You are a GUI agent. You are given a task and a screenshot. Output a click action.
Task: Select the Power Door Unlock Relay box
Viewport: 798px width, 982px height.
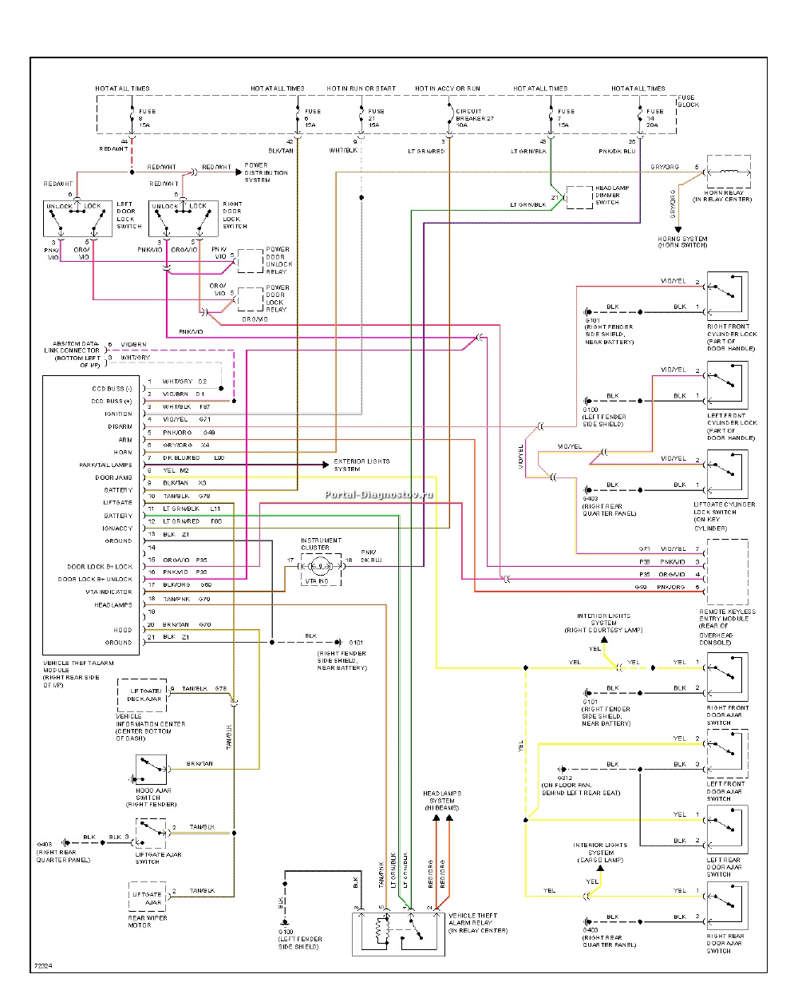[x=251, y=260]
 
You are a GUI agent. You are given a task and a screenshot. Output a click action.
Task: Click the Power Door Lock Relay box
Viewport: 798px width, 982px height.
[x=251, y=299]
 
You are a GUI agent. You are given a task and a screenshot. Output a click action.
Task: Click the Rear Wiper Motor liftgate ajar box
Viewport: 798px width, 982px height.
[x=147, y=897]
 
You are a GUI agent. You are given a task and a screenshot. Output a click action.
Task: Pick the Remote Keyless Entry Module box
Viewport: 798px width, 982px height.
[x=727, y=572]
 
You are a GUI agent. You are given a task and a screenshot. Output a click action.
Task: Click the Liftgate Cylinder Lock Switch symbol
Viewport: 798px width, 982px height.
[x=727, y=473]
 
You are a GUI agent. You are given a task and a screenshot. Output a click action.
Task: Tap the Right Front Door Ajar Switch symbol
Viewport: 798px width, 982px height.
[x=727, y=675]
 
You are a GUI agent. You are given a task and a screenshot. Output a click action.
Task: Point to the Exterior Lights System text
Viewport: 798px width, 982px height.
[x=361, y=465]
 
